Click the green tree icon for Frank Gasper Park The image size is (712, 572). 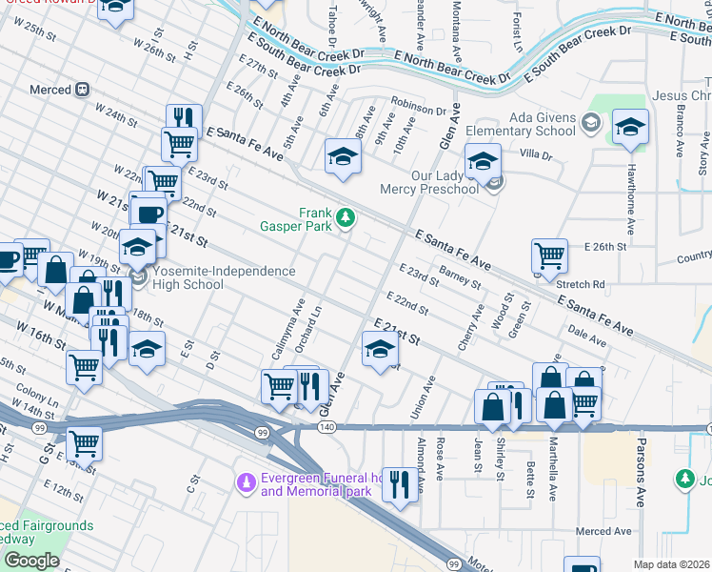tap(345, 218)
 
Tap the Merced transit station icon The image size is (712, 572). tap(83, 90)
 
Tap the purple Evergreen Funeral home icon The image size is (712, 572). tap(247, 483)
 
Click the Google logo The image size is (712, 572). tap(31, 561)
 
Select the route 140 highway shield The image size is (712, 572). tap(326, 429)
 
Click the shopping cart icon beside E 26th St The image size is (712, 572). tap(549, 256)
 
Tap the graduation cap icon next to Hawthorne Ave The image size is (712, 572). tap(630, 127)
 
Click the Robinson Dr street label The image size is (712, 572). tap(419, 111)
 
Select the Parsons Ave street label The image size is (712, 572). tap(642, 481)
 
